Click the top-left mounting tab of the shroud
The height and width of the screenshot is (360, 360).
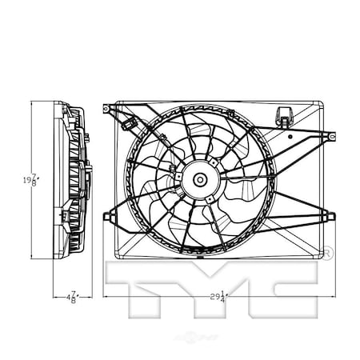[109, 106]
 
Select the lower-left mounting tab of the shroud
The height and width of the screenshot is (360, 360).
[109, 214]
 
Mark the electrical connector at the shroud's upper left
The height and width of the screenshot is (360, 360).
[130, 125]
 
